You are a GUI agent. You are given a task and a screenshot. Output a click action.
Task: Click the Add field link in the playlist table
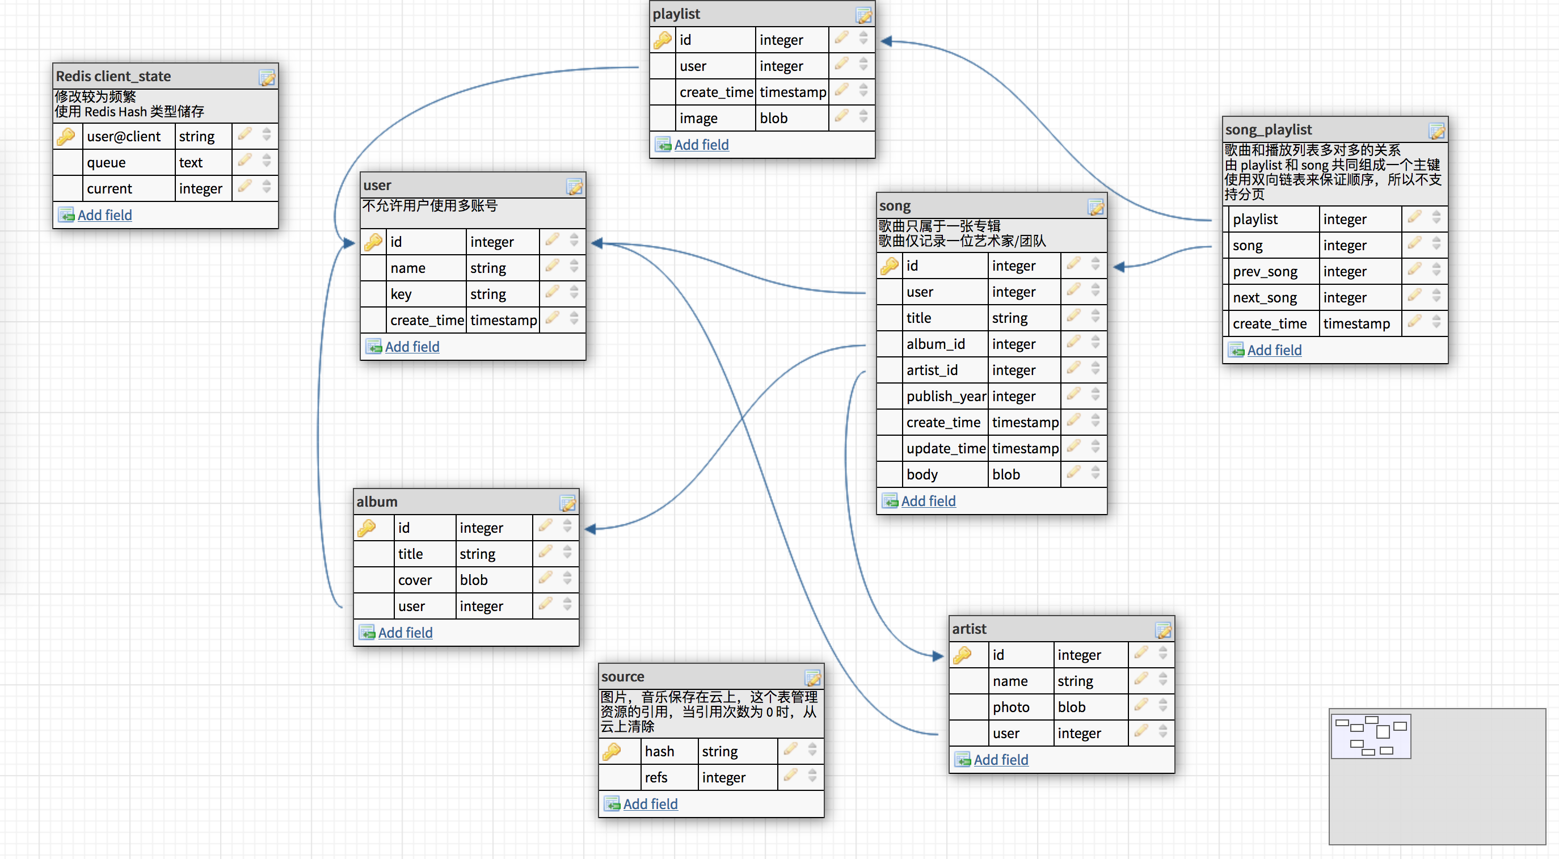(701, 145)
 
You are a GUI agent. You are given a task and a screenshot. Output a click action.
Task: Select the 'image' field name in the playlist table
(698, 119)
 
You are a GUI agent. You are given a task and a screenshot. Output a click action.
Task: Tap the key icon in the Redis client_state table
(65, 136)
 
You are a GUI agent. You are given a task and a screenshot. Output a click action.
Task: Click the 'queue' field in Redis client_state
(107, 162)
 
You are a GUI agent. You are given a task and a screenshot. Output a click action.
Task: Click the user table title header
(377, 185)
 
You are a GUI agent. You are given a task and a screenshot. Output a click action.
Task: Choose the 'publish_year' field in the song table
(946, 397)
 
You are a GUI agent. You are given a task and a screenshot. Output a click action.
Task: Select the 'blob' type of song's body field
(1006, 474)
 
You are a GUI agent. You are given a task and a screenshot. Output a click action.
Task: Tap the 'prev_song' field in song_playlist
(1265, 272)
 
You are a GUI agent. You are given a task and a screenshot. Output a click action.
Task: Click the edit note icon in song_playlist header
(1437, 130)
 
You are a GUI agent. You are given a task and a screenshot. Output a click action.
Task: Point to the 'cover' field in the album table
(415, 580)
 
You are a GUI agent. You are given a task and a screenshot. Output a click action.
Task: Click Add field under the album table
(405, 633)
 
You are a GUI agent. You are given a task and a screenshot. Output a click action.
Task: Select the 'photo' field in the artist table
(1011, 707)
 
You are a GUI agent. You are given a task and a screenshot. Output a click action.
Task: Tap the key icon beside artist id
(962, 654)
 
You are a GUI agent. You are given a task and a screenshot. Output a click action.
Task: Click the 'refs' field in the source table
(656, 777)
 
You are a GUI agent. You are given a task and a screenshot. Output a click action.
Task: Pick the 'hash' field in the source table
(659, 751)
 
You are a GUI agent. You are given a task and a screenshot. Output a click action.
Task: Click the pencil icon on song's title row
(1073, 316)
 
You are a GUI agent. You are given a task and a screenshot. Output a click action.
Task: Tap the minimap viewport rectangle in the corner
(1371, 735)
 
